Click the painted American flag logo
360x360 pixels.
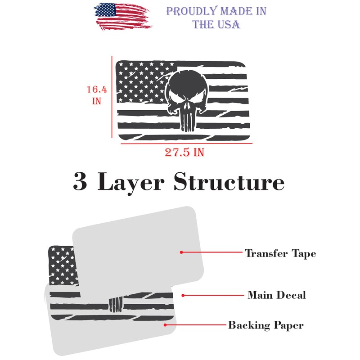tap(123, 17)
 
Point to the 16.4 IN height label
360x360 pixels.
tap(97, 95)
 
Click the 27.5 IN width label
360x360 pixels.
tap(184, 152)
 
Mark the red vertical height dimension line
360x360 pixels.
tap(112, 97)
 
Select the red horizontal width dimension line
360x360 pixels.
tap(186, 144)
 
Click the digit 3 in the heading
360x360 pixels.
tap(80, 181)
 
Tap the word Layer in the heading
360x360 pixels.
tap(131, 183)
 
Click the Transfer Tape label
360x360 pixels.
tap(280, 253)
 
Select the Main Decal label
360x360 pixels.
tap(277, 295)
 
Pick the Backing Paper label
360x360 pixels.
tap(266, 325)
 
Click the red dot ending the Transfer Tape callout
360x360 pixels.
tap(181, 252)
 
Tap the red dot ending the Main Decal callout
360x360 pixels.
tap(183, 296)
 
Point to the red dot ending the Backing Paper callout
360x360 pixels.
tap(165, 325)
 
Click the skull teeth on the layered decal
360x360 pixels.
tap(116, 305)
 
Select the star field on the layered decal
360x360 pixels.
tap(62, 265)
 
